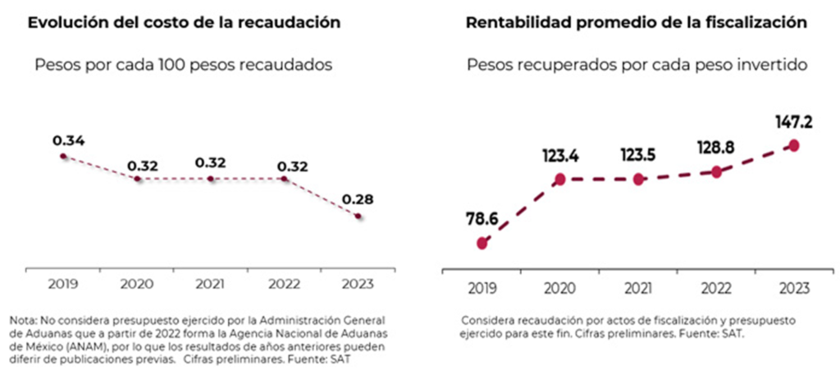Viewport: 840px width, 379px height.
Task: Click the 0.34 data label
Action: click(68, 140)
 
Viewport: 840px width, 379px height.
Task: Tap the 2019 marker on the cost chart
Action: click(64, 156)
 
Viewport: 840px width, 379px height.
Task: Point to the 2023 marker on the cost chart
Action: click(358, 216)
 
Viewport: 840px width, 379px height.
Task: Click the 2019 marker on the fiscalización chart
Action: click(482, 243)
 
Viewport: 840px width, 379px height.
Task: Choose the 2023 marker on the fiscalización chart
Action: click(793, 145)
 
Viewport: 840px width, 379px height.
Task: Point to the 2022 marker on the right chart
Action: click(716, 171)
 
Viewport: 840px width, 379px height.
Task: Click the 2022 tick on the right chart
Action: click(716, 288)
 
